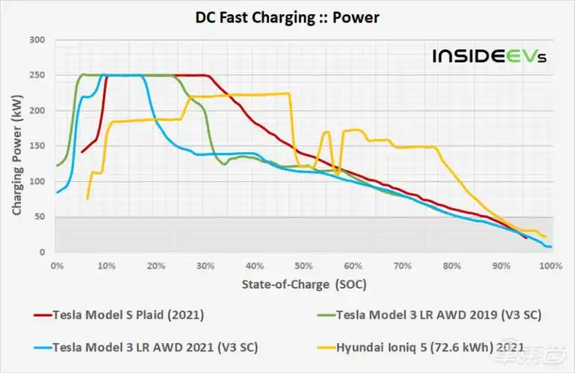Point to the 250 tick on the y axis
[x=37, y=75]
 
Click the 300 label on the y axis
[x=37, y=40]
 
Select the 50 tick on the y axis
[x=40, y=217]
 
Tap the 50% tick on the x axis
[x=303, y=266]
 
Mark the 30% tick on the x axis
[x=205, y=266]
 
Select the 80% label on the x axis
[x=451, y=266]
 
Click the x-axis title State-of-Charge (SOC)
[x=304, y=284]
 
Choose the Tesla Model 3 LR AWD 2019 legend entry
[x=437, y=314]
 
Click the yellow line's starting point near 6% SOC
[x=87, y=198]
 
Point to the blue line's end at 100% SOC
[x=550, y=246]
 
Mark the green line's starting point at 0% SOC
[x=57, y=166]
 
